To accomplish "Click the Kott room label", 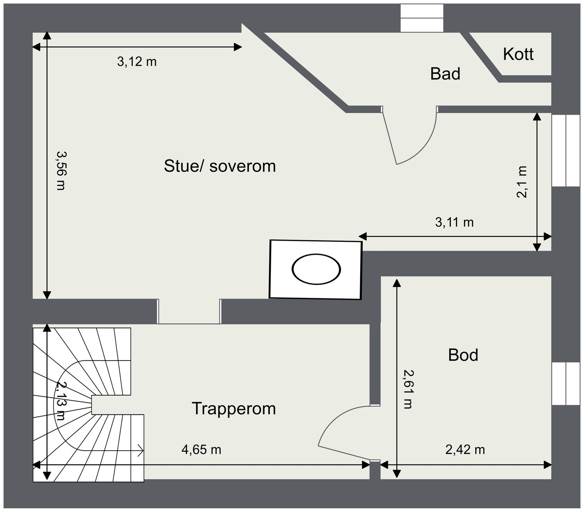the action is coord(518,54).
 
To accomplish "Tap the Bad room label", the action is coord(445,74).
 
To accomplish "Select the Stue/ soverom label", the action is coord(220,166).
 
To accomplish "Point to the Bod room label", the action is coord(463,355).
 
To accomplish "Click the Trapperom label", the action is coord(234,409).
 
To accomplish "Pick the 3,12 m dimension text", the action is coord(137,62).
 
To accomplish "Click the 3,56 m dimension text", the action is coord(61,171).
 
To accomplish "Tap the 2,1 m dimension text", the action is coord(522,182).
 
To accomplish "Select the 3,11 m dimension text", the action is coord(454,222).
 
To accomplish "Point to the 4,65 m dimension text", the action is coord(201,450).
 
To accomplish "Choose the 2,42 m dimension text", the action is coord(465,450).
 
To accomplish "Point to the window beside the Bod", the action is coord(566,384).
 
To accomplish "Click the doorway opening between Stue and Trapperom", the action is coord(189,311).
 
